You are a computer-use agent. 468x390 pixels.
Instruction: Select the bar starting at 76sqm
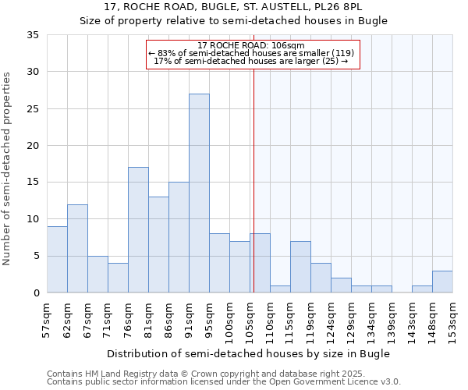[x=138, y=230]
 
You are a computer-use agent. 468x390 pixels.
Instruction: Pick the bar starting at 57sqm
[x=57, y=259]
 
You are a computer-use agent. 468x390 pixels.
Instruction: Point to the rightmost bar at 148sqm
[x=442, y=282]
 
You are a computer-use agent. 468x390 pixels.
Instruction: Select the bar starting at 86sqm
[x=179, y=237]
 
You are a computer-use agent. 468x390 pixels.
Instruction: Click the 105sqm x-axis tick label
[x=250, y=318]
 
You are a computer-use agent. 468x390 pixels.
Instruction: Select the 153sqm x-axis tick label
[x=452, y=318]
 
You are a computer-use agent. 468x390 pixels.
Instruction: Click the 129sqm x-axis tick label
[x=351, y=318]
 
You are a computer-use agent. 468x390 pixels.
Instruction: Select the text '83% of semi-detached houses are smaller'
[x=251, y=53]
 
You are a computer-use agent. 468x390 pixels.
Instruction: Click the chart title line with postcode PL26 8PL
[x=233, y=7]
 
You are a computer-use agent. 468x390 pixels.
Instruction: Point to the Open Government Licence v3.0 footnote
[x=224, y=382]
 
